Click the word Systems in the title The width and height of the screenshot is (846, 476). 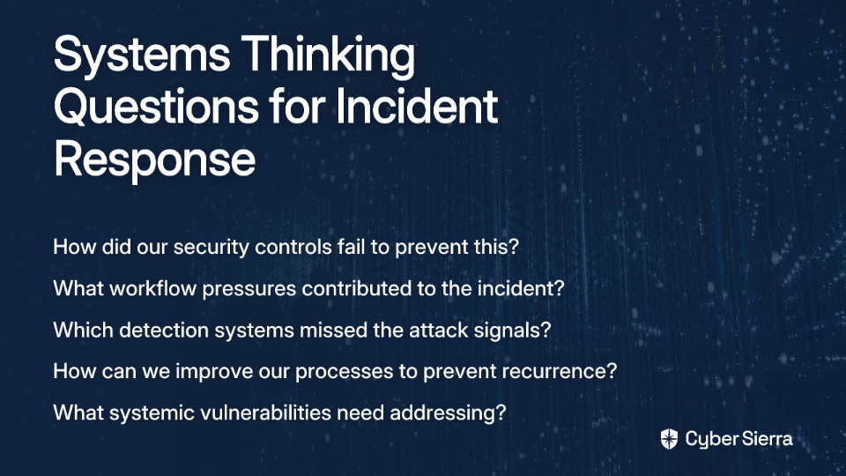click(142, 55)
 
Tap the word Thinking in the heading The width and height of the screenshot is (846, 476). click(328, 54)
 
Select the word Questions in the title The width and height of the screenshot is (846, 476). click(156, 106)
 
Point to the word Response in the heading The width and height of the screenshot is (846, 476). click(154, 159)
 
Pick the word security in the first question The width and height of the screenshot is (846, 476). click(211, 247)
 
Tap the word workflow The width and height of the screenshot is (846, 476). click(152, 288)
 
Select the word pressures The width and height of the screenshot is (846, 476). click(249, 289)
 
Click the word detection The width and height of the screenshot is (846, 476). click(164, 330)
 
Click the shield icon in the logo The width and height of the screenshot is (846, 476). click(669, 439)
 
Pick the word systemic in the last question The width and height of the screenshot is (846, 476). click(152, 413)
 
